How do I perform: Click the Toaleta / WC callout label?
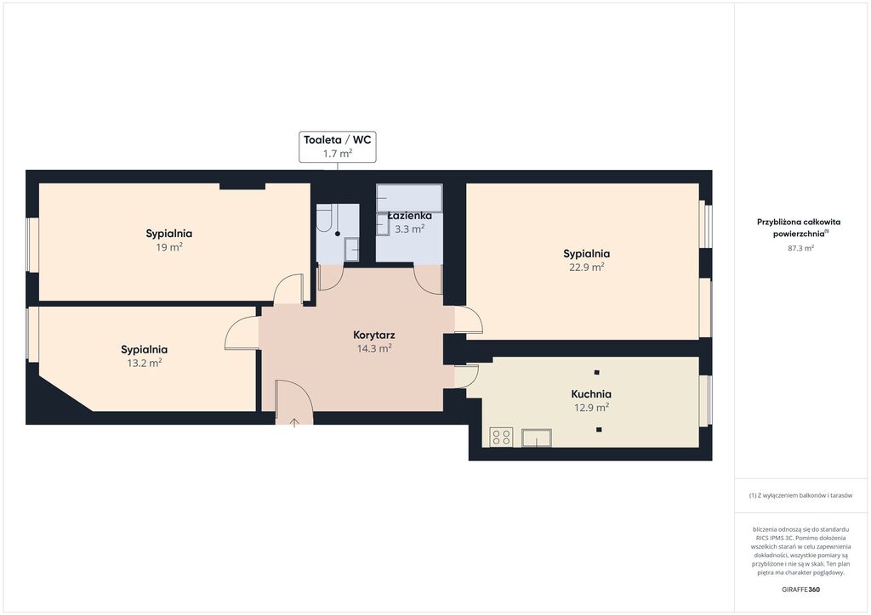(337, 147)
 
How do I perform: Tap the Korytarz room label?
(374, 335)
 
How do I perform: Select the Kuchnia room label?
(591, 394)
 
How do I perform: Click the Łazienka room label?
(409, 215)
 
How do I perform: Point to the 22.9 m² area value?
(587, 267)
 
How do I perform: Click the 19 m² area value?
(169, 247)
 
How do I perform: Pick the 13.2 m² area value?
(145, 363)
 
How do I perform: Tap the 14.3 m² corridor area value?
(374, 348)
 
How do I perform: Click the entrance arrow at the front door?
(294, 423)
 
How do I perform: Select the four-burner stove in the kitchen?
(501, 437)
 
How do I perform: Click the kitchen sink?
(536, 437)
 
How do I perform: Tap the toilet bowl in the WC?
(324, 217)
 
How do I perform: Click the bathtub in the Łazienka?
(409, 198)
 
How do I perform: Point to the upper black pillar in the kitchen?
(596, 372)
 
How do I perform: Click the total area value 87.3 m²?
(800, 248)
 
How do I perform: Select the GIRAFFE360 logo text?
(800, 590)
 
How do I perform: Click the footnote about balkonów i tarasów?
(800, 495)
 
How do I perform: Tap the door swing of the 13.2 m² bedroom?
(241, 333)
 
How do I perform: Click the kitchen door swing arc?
(467, 376)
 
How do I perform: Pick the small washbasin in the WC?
(351, 249)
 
